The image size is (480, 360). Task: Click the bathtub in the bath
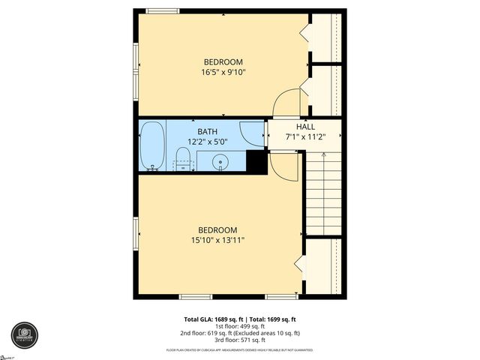tap(151, 145)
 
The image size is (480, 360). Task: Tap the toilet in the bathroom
tap(182, 159)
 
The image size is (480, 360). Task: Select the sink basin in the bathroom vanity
tap(220, 160)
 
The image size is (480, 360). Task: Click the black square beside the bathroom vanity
tap(256, 162)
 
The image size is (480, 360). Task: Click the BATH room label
tap(208, 131)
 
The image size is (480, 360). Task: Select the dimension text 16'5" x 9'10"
tap(223, 73)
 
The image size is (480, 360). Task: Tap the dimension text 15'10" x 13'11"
tap(217, 240)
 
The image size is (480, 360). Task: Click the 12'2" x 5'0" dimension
tap(208, 141)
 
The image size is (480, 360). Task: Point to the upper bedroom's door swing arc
tap(286, 103)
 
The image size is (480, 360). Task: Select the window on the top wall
tap(163, 10)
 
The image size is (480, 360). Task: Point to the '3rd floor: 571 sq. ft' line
tap(240, 340)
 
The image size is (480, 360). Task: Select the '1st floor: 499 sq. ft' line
tap(240, 326)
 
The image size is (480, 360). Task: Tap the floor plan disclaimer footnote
tap(240, 350)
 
